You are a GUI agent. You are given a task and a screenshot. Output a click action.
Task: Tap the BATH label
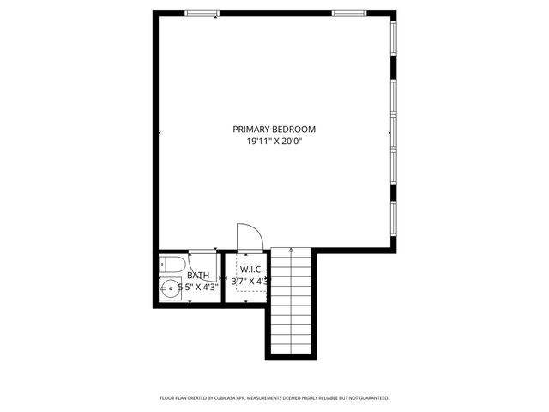(x=198, y=276)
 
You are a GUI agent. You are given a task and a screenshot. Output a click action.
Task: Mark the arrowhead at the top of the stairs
(x=292, y=250)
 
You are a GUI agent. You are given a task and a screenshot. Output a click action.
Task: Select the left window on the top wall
(x=202, y=13)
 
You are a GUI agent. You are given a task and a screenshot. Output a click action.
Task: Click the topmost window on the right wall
(x=395, y=39)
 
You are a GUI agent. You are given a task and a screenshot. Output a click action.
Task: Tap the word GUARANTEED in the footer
(x=371, y=398)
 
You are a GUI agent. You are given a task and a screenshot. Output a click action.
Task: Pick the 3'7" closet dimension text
(x=241, y=281)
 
